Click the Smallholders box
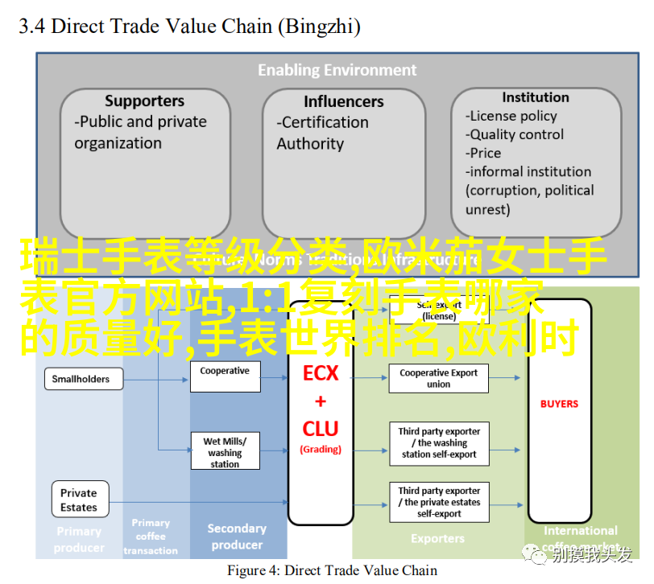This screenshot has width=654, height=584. tap(81, 379)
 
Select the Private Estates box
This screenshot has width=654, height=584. tap(78, 500)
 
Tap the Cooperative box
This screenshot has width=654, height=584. tap(225, 376)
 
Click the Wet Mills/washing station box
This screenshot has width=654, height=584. tap(225, 452)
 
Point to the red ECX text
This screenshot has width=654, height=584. tap(321, 374)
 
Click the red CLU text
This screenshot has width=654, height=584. tap(321, 429)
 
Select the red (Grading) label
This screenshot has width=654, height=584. tap(321, 449)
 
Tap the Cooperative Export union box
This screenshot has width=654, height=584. tap(438, 378)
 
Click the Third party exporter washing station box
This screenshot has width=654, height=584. tap(438, 442)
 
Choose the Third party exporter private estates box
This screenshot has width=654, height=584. tap(438, 502)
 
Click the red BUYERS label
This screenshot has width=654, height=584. tap(559, 404)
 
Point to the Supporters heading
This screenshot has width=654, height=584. tap(144, 101)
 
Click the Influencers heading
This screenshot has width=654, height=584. tap(344, 102)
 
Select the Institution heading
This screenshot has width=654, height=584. tap(535, 97)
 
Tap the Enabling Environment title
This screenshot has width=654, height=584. tap(337, 70)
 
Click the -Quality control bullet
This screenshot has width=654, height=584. tap(515, 134)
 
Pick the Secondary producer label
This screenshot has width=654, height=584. tap(237, 537)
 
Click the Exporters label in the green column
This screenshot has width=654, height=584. tap(437, 538)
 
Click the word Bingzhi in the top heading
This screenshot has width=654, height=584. tap(319, 27)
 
